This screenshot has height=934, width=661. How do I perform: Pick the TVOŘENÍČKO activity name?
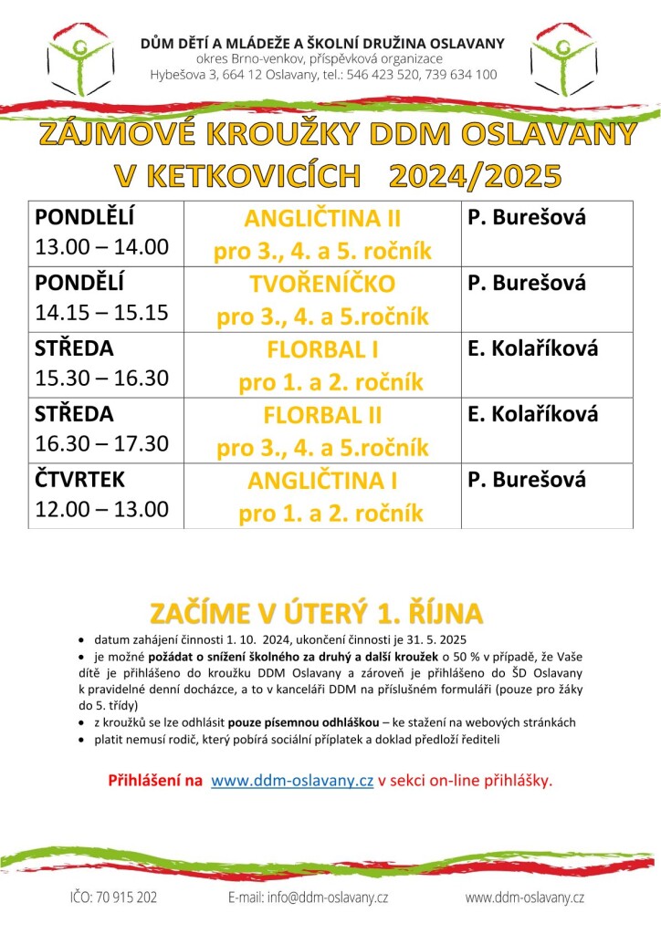click(322, 285)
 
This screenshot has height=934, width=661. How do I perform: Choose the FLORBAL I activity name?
click(322, 349)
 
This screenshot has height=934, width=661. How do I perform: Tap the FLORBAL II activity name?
click(322, 415)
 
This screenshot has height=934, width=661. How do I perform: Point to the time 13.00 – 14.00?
click(102, 246)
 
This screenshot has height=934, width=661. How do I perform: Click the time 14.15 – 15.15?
click(102, 312)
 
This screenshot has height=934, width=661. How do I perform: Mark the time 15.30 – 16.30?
click(102, 378)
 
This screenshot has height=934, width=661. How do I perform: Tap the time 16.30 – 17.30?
click(102, 443)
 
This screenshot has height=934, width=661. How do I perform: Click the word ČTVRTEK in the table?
click(79, 480)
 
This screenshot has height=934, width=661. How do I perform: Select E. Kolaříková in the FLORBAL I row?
click(533, 348)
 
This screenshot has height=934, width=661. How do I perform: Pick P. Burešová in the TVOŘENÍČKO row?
click(527, 283)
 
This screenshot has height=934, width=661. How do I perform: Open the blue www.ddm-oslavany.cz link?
click(292, 781)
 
